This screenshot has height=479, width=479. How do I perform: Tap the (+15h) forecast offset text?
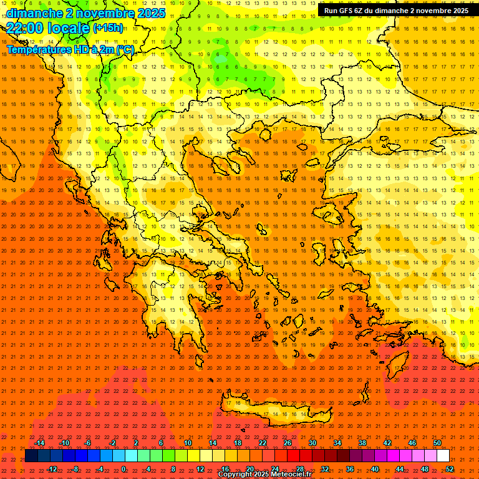108,28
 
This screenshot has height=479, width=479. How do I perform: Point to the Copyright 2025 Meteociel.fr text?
264,475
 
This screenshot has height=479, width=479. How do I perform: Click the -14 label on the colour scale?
40,443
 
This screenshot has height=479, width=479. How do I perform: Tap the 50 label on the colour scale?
437,443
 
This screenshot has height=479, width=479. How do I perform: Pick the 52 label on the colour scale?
450,469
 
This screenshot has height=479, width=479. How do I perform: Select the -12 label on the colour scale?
52,469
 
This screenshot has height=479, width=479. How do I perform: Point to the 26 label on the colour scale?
288,443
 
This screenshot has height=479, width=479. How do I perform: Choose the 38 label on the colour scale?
362,443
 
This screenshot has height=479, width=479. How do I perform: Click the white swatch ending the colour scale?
443,456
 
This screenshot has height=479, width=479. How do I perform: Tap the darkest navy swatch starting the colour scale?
31,456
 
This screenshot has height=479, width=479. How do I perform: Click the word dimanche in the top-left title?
34,13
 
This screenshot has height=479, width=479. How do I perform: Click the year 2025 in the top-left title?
149,13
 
